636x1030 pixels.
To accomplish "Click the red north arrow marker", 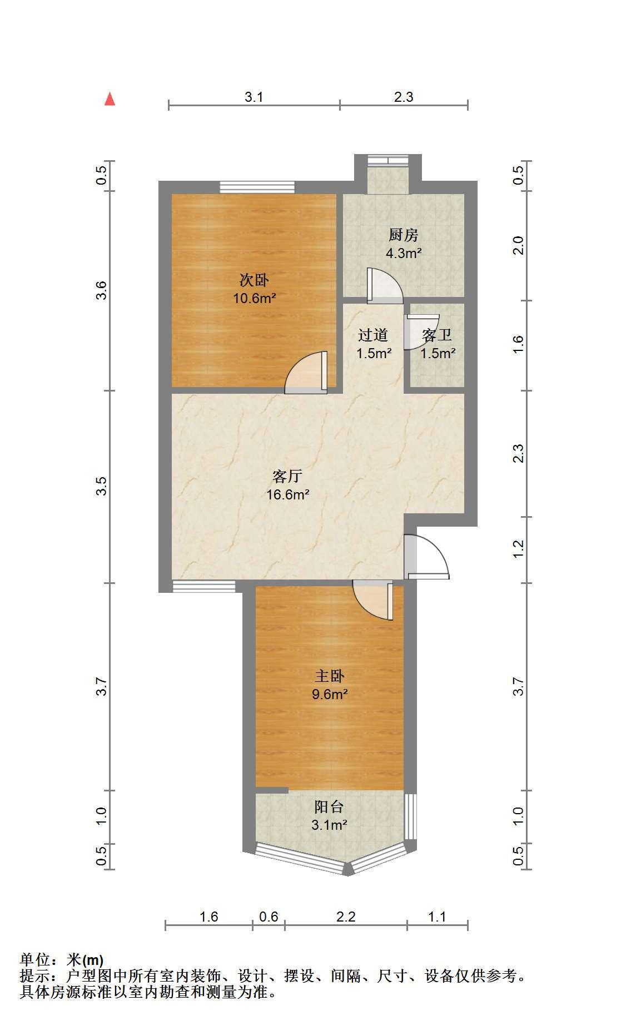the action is click(110, 99).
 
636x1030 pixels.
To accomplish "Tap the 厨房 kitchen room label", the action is click(404, 235).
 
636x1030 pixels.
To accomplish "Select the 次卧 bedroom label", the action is click(255, 280).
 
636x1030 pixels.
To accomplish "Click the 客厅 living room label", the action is click(287, 476).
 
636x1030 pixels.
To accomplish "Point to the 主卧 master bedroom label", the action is click(330, 676).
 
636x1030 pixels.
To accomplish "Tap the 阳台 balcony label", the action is click(329, 806).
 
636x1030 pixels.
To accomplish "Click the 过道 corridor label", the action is click(373, 335).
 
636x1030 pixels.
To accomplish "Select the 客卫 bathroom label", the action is click(437, 335).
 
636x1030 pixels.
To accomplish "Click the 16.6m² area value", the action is click(287, 494).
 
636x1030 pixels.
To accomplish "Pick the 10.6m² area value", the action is click(255, 298).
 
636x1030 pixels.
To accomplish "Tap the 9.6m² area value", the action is click(330, 694).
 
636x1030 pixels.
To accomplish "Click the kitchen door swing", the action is click(385, 286).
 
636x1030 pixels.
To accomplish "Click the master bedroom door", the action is click(373, 600).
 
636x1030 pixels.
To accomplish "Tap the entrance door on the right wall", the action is click(426, 557).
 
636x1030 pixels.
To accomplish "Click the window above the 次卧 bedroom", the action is click(257, 187).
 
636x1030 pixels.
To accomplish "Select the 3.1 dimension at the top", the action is click(254, 97).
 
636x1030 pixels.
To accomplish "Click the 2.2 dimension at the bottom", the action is click(346, 916).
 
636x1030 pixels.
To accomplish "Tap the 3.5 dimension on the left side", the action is click(101, 487).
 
